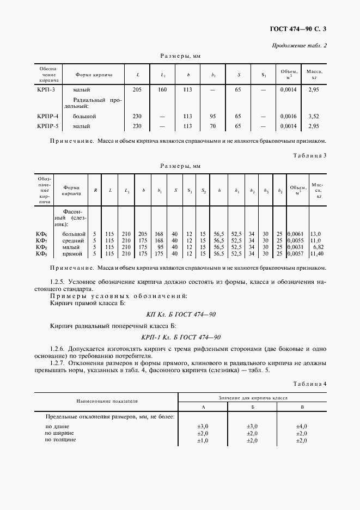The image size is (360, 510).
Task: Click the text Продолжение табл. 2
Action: (x=299, y=45)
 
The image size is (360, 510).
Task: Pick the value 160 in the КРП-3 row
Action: (x=162, y=89)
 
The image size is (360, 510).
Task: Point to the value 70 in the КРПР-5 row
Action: (x=213, y=126)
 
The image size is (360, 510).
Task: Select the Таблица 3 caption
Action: (x=310, y=155)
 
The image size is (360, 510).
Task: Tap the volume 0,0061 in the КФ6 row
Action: (x=295, y=234)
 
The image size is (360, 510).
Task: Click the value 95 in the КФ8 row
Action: (x=160, y=247)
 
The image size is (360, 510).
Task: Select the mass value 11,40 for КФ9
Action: (x=316, y=253)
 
